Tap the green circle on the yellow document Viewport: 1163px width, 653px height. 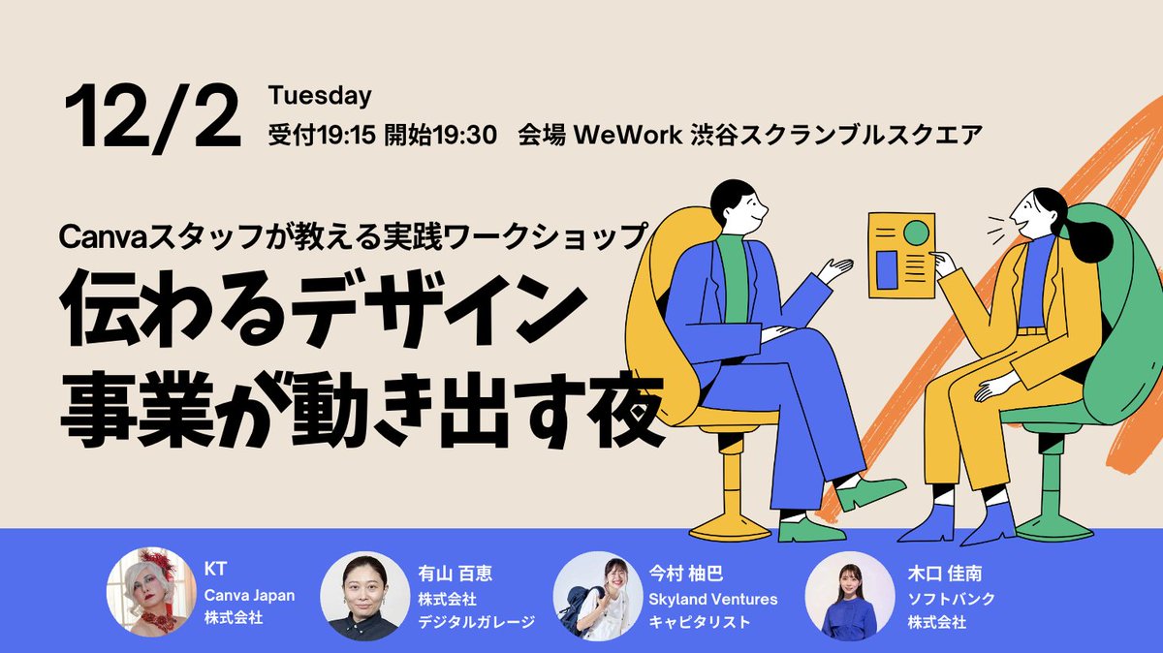pyautogui.click(x=916, y=233)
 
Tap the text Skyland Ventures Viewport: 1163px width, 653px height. pyautogui.click(x=712, y=599)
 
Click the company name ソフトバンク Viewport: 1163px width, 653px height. pyautogui.click(x=938, y=599)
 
